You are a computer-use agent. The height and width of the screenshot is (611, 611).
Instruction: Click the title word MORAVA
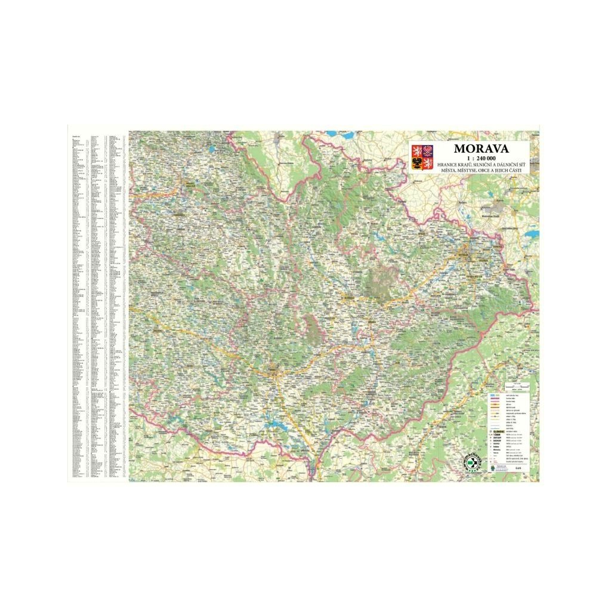click(481, 148)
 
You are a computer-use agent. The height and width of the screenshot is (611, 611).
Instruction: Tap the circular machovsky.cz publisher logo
click(471, 462)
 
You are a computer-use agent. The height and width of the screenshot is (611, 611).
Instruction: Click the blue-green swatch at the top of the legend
click(493, 396)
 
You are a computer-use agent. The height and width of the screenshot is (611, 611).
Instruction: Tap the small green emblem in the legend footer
click(490, 469)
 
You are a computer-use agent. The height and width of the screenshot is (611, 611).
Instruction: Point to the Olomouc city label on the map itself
click(348, 296)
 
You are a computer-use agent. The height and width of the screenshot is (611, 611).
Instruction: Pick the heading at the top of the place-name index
click(76, 136)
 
